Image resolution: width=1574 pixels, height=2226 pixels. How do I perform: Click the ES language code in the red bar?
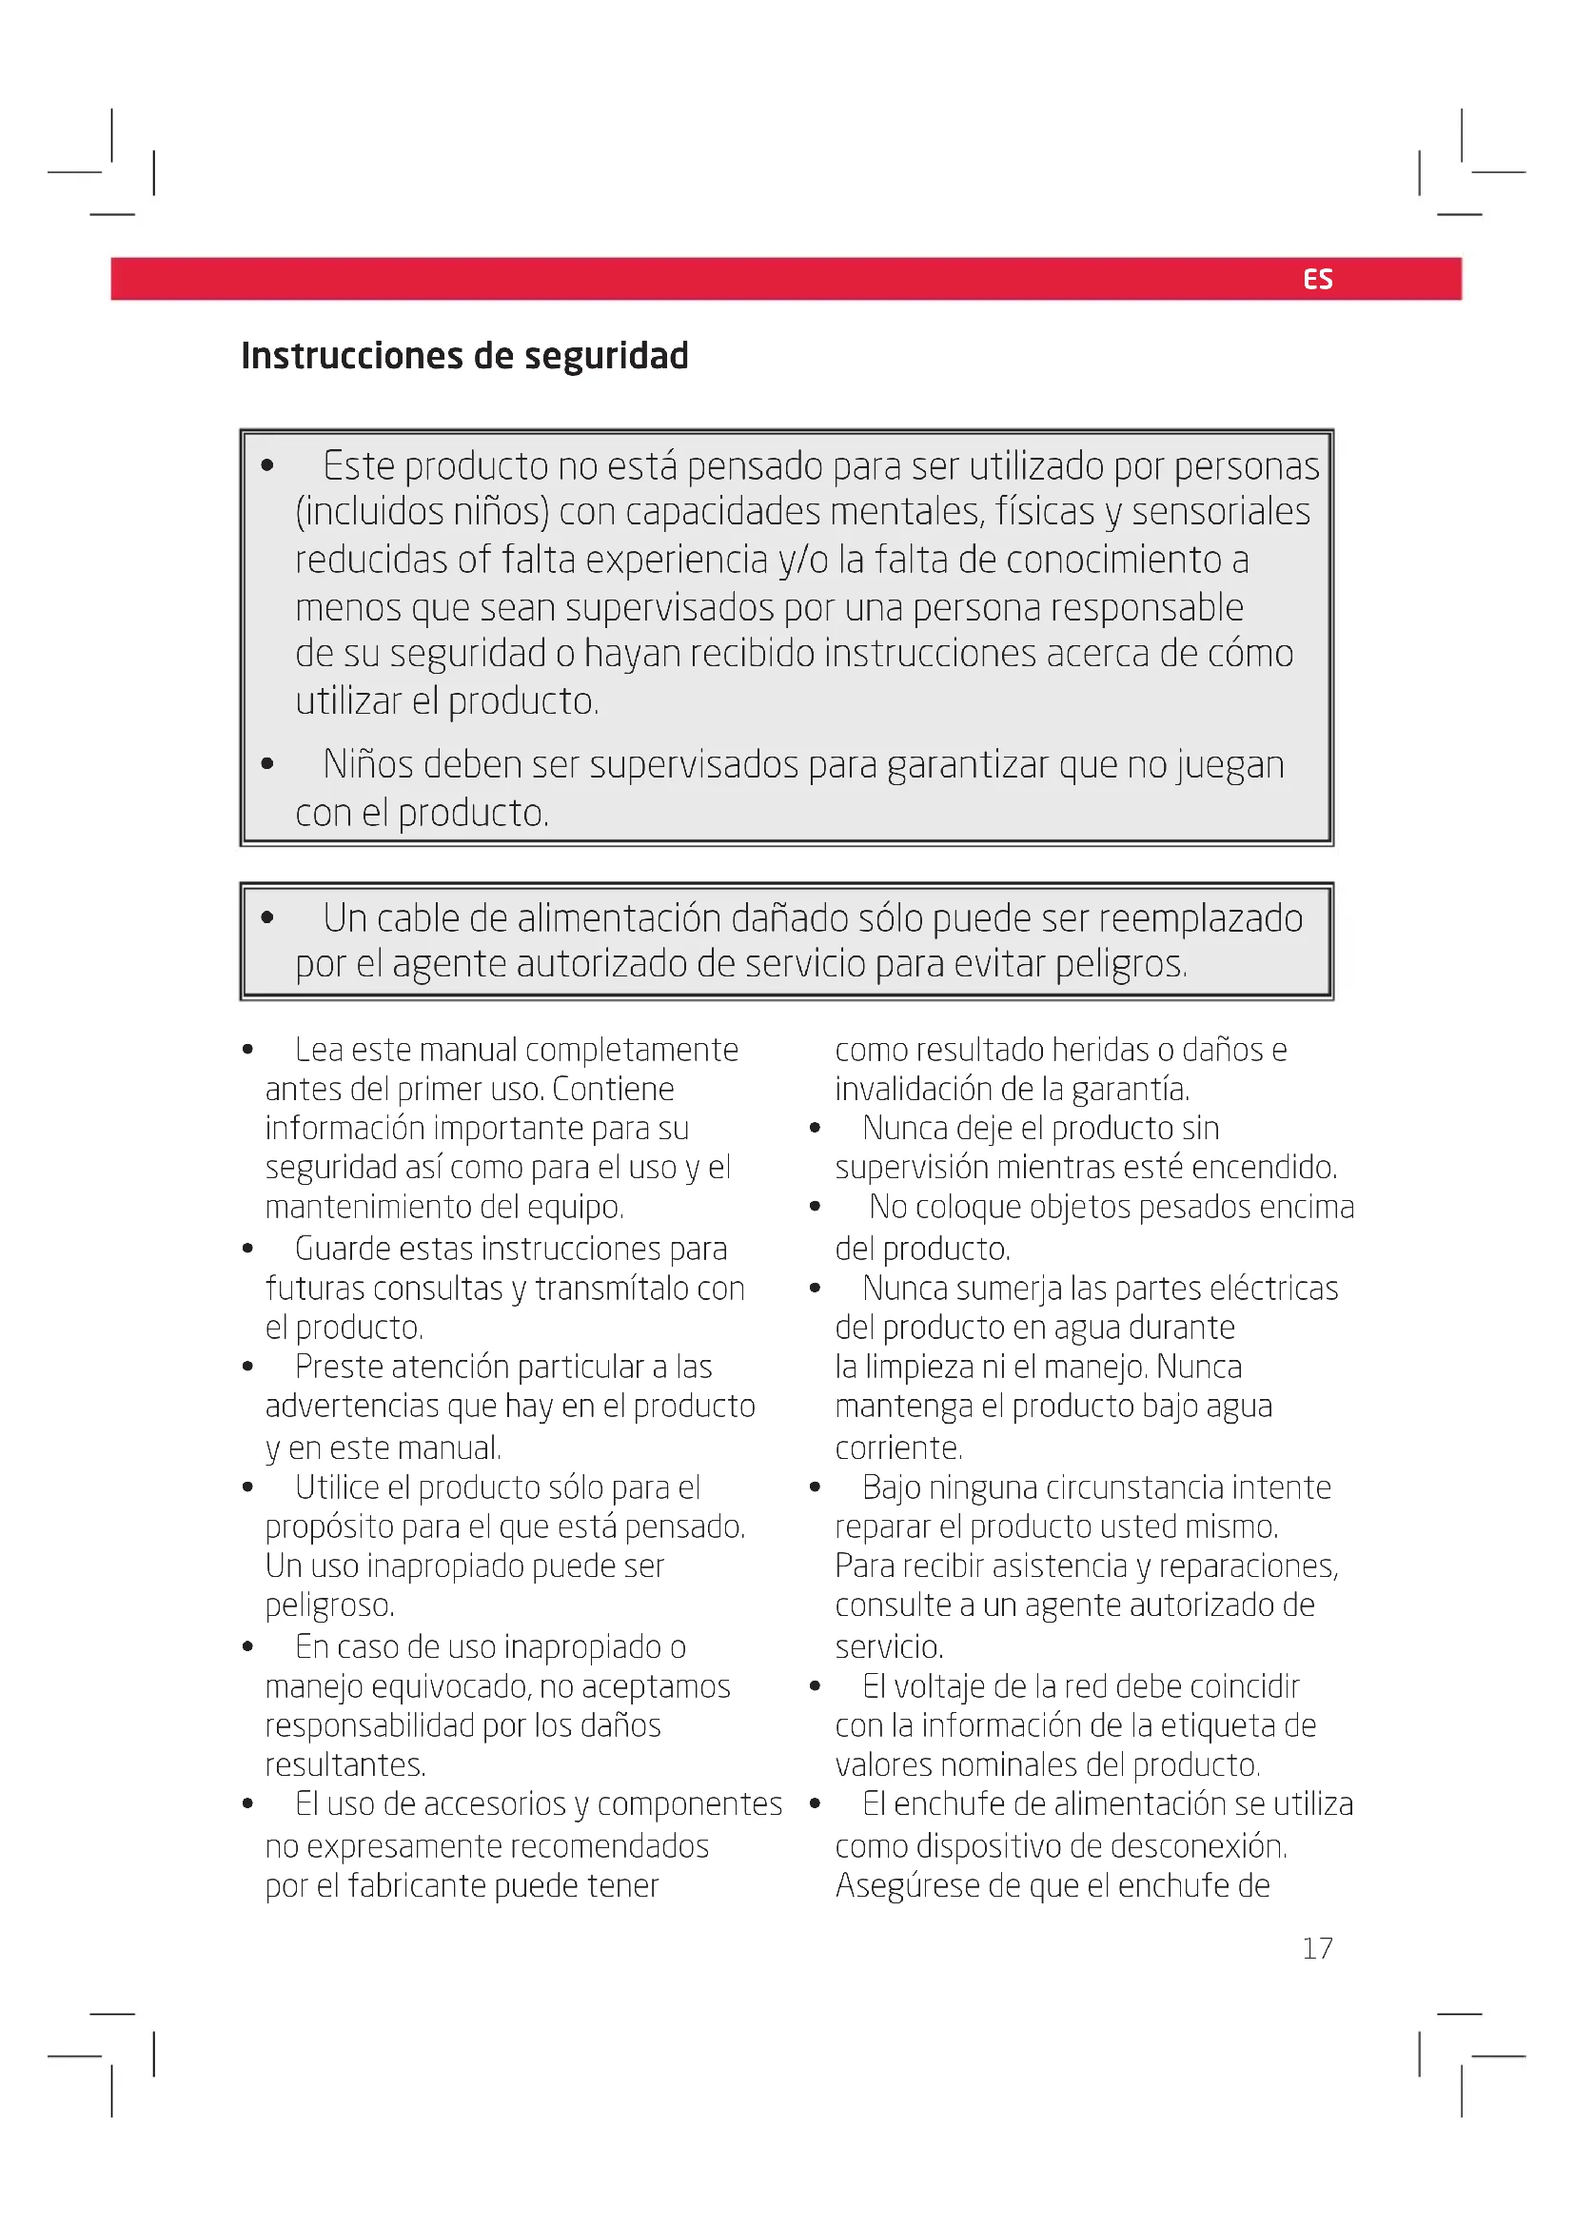tap(1317, 279)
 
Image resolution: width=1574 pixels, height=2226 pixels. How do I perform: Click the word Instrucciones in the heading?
tap(352, 357)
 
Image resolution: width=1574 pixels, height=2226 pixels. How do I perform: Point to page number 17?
tap(1317, 1948)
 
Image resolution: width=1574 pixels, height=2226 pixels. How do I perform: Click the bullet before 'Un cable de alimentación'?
tap(267, 917)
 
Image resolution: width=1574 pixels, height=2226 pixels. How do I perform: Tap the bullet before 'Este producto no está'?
tap(267, 465)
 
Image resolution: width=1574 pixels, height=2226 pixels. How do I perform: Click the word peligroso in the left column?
tap(328, 1605)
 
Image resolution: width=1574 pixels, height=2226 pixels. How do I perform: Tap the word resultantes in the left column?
tap(344, 1764)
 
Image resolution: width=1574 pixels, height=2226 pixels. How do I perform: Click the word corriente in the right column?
tap(897, 1448)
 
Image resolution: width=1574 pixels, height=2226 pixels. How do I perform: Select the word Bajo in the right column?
tap(891, 1487)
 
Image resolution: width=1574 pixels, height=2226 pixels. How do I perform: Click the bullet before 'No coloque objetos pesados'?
tap(816, 1207)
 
